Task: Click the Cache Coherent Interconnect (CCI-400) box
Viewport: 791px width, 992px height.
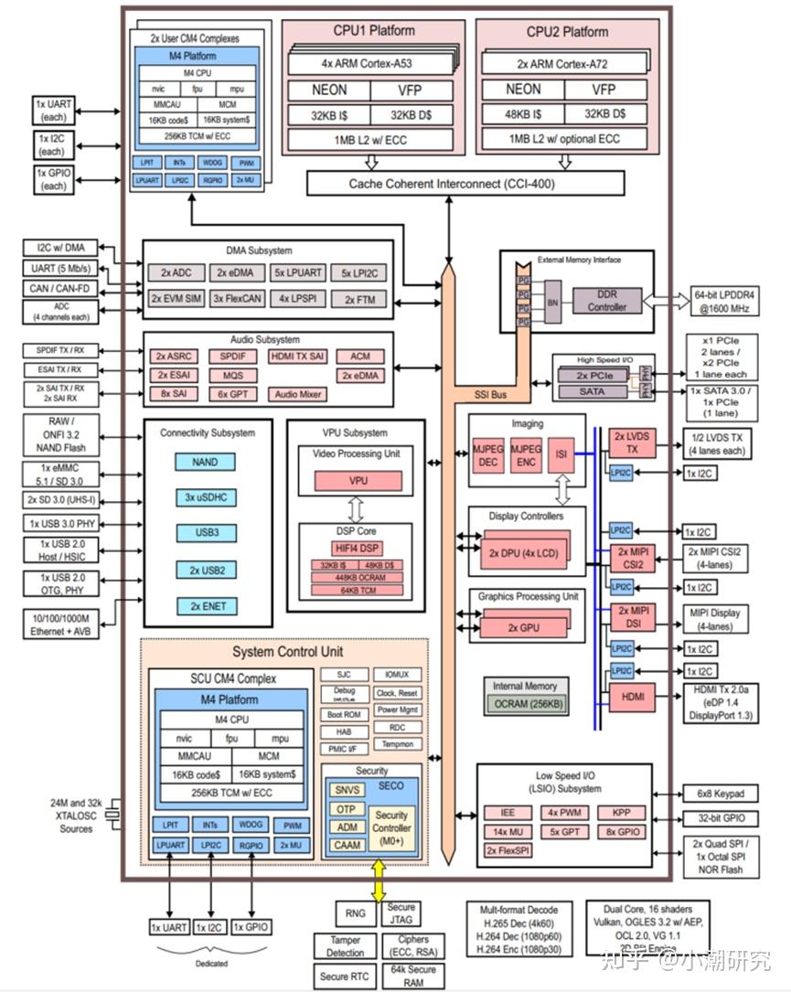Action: click(x=465, y=183)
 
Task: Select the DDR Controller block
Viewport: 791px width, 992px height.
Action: click(x=607, y=301)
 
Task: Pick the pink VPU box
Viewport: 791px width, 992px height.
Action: click(x=358, y=480)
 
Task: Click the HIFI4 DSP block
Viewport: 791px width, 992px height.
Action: click(x=358, y=548)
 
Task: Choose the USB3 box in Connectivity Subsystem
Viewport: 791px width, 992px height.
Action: click(x=207, y=532)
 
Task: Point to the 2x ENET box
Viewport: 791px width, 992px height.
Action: click(x=207, y=605)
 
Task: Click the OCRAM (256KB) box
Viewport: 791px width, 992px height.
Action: click(x=529, y=703)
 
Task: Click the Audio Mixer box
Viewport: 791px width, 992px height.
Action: click(x=298, y=394)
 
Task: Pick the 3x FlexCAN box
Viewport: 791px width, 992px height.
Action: click(x=237, y=299)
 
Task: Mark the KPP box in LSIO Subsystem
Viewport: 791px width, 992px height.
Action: click(x=622, y=813)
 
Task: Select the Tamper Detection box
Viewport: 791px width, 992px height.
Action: click(x=345, y=946)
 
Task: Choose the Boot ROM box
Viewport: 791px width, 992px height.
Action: click(x=344, y=714)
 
